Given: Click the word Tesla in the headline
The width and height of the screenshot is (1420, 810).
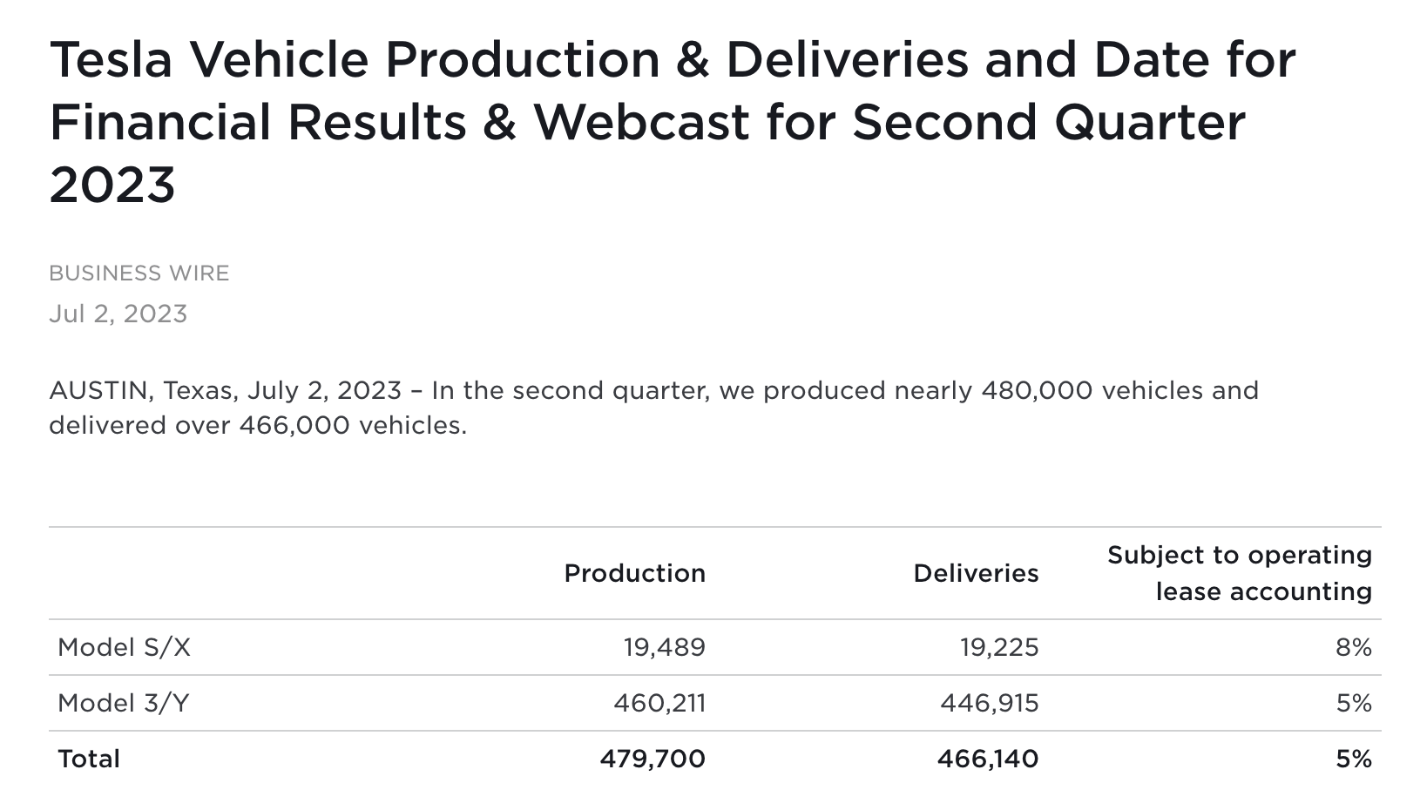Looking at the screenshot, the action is pyautogui.click(x=111, y=59).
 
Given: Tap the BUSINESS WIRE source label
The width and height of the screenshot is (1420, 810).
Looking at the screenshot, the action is pyautogui.click(x=139, y=273).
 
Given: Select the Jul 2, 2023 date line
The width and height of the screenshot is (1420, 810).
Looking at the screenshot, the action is pyautogui.click(x=118, y=314).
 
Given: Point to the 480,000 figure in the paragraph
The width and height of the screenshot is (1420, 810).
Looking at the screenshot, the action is pyautogui.click(x=1037, y=390).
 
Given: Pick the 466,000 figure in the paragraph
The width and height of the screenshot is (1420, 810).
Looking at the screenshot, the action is pyautogui.click(x=294, y=425).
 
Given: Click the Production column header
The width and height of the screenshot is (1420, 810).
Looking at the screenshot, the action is pyautogui.click(x=634, y=574).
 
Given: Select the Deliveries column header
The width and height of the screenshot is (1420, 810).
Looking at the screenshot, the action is pyautogui.click(x=976, y=574).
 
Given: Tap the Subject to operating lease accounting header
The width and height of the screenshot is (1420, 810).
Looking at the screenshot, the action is pyautogui.click(x=1240, y=573).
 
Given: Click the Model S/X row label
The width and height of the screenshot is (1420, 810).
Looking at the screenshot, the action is pyautogui.click(x=125, y=648).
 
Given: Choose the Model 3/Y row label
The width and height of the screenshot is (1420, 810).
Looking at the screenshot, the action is pyautogui.click(x=124, y=704).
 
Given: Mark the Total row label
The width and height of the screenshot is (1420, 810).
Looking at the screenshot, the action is pyautogui.click(x=89, y=759).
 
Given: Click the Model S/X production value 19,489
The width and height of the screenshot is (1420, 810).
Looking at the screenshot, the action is pyautogui.click(x=665, y=648).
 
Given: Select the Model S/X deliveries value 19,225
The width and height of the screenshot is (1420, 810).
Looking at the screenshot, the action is pyautogui.click(x=999, y=648).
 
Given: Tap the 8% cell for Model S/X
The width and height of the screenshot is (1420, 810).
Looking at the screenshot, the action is pyautogui.click(x=1354, y=648).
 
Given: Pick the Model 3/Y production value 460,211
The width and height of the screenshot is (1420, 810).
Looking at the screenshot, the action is pyautogui.click(x=659, y=704).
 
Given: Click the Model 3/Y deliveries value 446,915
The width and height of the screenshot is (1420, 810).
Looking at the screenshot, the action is pyautogui.click(x=990, y=704).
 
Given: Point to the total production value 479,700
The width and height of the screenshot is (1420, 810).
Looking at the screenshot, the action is pyautogui.click(x=653, y=759).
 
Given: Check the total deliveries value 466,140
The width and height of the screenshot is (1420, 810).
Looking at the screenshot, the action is pyautogui.click(x=988, y=759).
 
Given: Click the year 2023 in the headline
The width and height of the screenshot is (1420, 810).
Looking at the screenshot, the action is pyautogui.click(x=112, y=185).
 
